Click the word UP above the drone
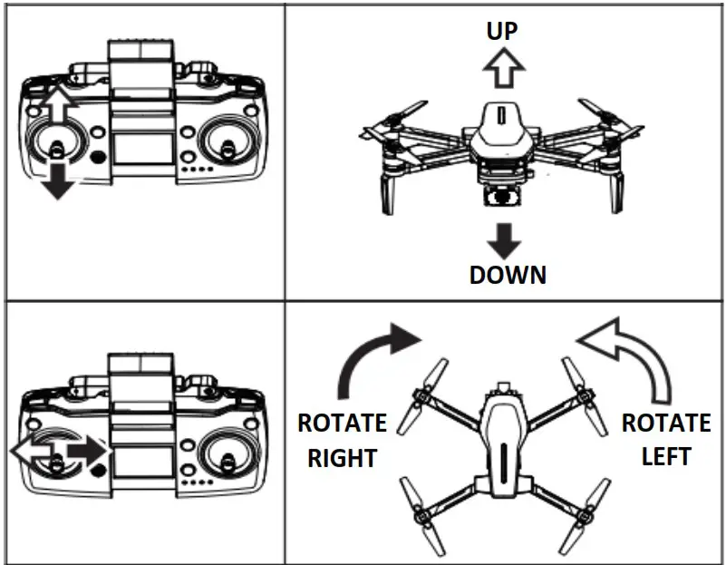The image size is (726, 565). (x=502, y=31)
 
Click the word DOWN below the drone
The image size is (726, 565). (x=508, y=274)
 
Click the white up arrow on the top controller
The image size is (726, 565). (x=57, y=108)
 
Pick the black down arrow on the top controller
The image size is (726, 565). (x=57, y=179)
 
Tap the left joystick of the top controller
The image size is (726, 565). (x=56, y=145)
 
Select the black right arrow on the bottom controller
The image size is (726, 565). (x=87, y=449)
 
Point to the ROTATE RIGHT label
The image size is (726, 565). (x=342, y=441)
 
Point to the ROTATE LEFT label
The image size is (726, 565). (x=665, y=439)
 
